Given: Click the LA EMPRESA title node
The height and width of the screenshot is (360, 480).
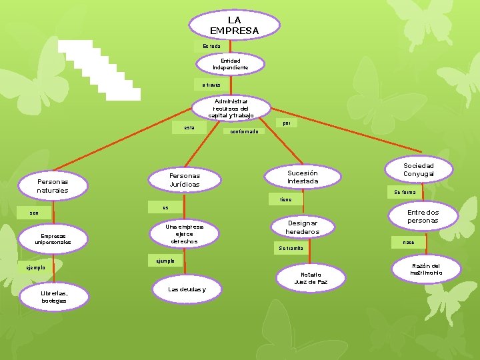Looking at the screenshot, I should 234,25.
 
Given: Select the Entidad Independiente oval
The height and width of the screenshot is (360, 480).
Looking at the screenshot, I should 231,64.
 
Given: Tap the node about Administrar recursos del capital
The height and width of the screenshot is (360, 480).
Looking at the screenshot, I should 231,108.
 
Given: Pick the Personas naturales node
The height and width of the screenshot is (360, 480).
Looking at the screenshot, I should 53,186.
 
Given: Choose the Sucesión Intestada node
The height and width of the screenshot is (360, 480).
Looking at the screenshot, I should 303,177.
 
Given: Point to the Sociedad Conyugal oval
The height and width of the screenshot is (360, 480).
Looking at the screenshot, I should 419,170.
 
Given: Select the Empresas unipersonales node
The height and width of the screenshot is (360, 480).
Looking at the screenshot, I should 54,239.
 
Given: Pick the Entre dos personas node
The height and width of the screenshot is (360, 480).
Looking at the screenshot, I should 423,217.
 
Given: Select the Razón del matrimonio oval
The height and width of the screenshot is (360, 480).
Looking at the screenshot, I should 426,269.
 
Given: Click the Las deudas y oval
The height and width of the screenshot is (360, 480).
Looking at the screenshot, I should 187,289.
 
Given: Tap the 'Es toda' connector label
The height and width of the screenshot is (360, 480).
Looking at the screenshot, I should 211,46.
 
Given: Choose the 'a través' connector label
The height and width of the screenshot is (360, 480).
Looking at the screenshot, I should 211,85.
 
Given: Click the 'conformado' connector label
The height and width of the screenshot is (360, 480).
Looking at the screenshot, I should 243,131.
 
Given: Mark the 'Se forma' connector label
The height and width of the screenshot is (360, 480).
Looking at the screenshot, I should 405,192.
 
